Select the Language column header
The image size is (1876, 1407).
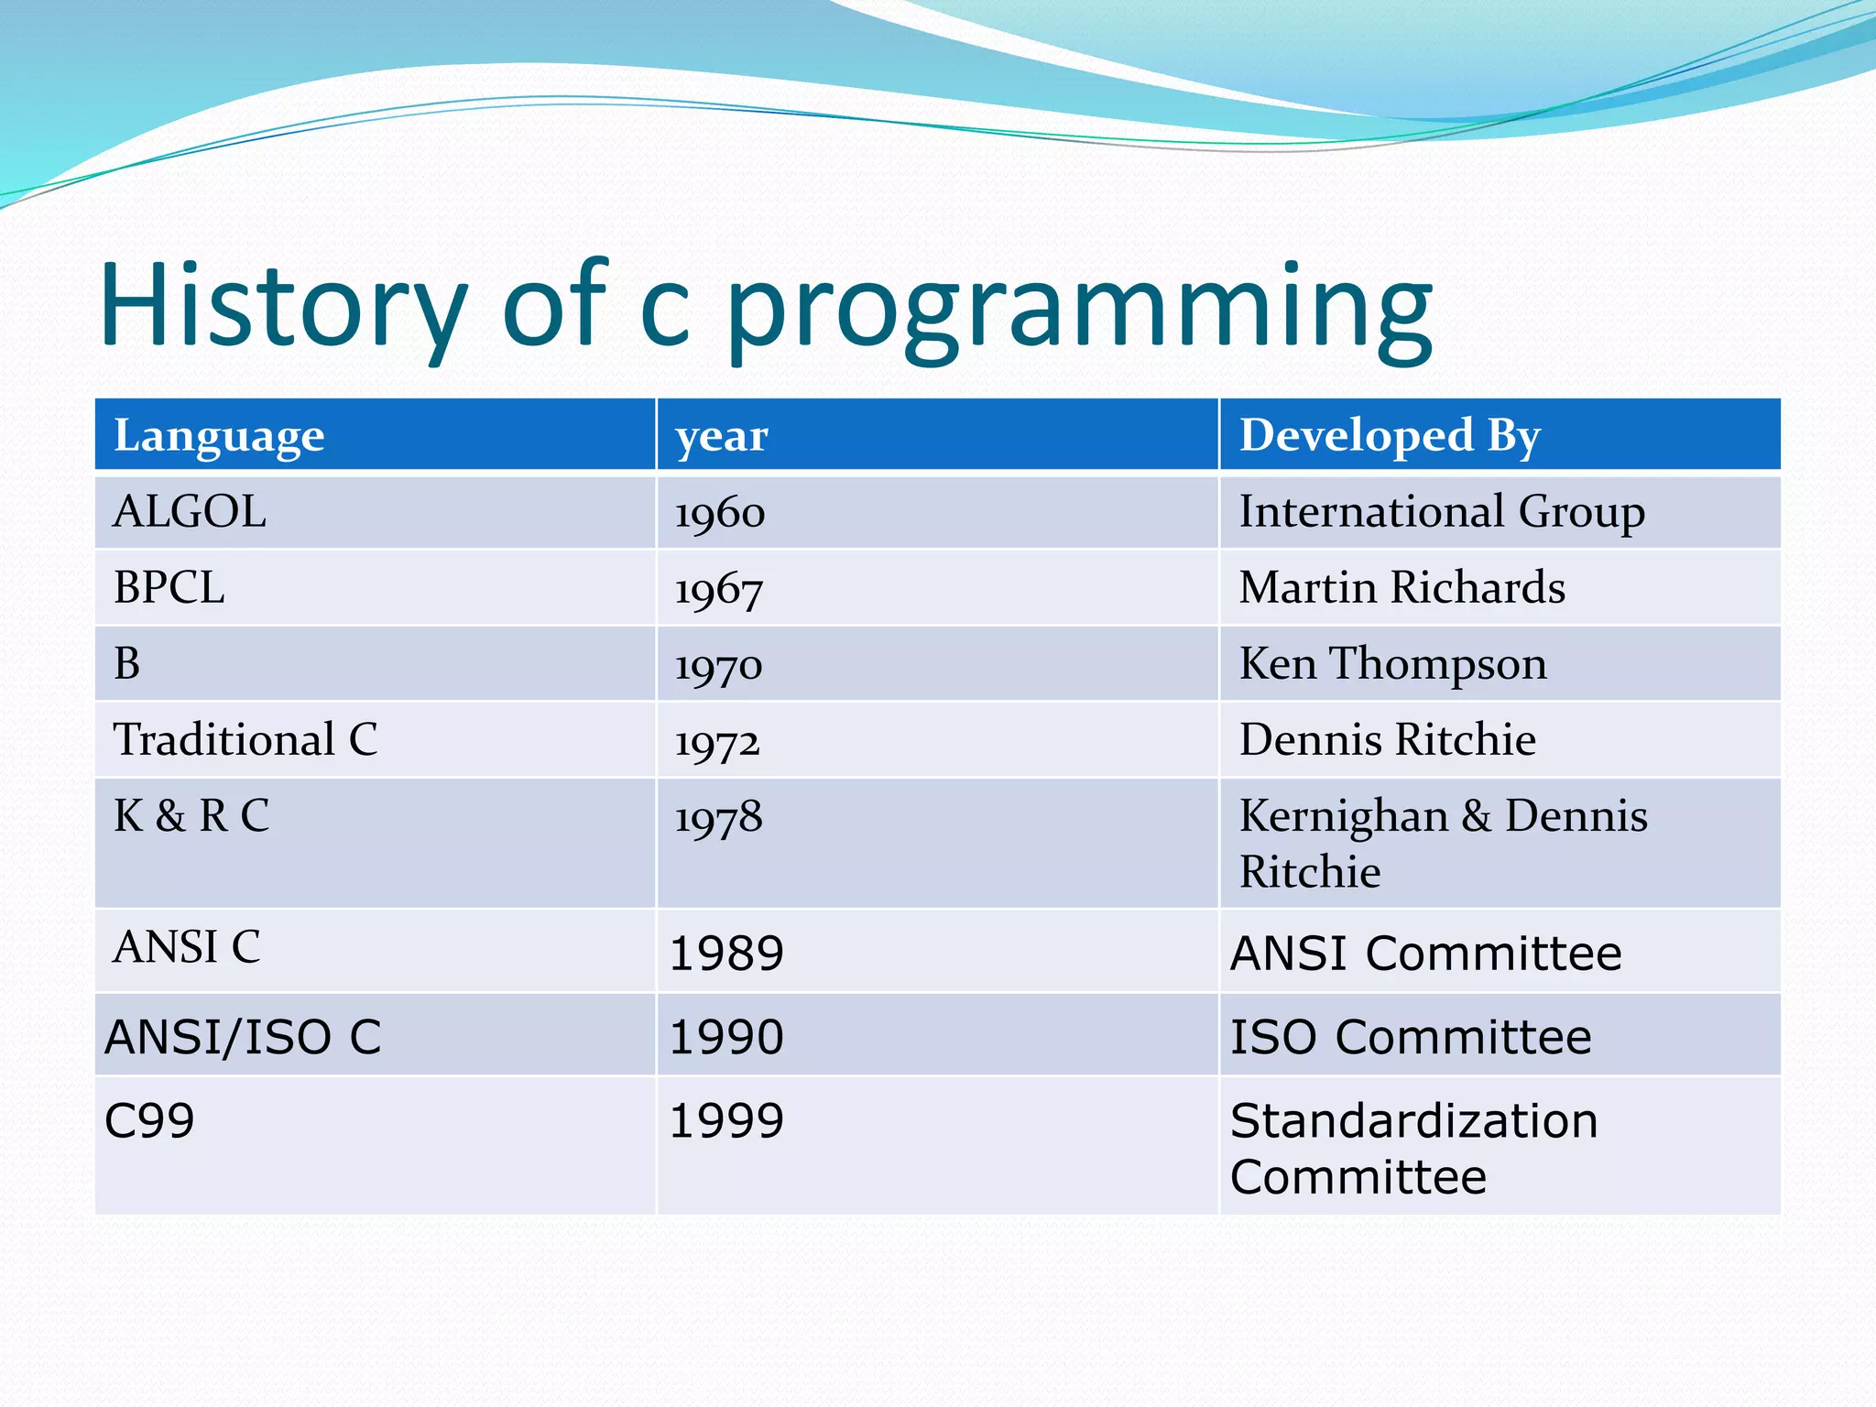point(219,436)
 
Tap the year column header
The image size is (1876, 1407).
point(722,437)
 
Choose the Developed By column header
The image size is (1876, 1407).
point(1390,436)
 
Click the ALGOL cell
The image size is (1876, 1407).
point(190,512)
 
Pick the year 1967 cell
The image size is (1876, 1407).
point(718,589)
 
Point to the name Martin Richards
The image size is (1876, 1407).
point(1402,587)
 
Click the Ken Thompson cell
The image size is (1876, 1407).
point(1392,664)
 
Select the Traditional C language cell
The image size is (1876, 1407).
point(245,740)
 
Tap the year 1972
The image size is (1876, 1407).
point(717,741)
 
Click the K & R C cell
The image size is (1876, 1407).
point(191,816)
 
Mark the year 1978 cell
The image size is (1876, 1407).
point(718,817)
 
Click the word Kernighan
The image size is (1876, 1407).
point(1344,816)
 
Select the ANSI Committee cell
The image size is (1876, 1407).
point(1425,954)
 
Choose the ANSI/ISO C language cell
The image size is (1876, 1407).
point(243,1038)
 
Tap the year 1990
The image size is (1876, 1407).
point(726,1038)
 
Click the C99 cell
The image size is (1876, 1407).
point(149,1121)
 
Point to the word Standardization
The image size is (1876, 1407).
point(1413,1121)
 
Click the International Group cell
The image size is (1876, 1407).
point(1441,512)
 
